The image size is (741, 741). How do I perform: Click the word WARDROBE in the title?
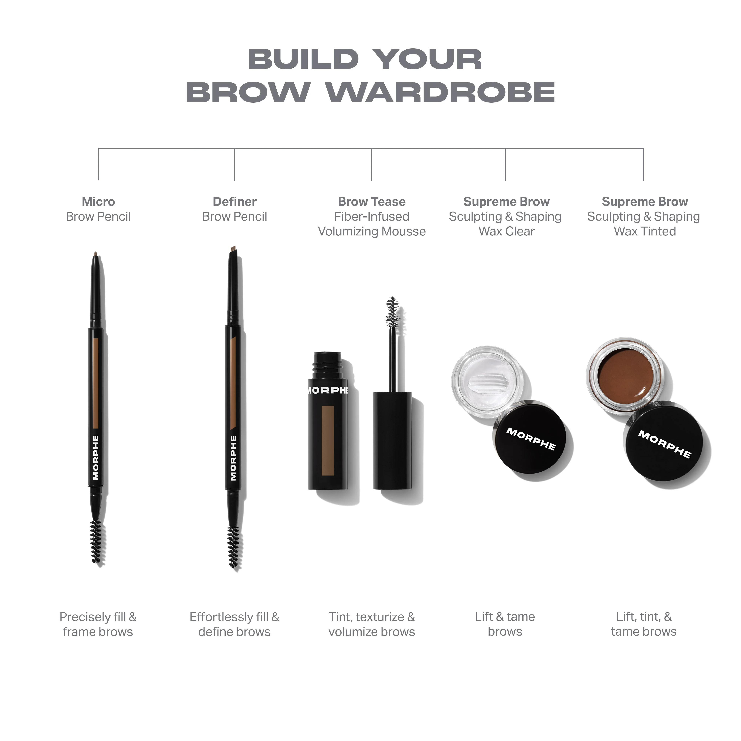(x=440, y=92)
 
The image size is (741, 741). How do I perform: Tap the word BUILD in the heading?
(x=303, y=59)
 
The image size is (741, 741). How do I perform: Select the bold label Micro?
(x=98, y=202)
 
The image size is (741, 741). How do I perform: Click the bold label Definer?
(x=234, y=202)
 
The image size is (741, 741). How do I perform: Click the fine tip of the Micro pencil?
(x=96, y=255)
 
